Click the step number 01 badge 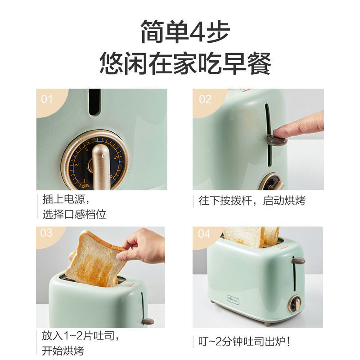tap(47, 99)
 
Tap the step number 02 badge tap(205, 99)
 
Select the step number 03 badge tap(46, 233)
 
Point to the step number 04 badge tap(204, 234)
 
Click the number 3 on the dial tap(87, 149)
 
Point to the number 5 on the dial tap(116, 157)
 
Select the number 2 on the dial tap(77, 164)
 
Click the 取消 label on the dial tap(85, 185)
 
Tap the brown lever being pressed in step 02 tap(277, 140)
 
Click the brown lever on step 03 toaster tap(148, 321)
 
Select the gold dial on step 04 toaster tap(295, 304)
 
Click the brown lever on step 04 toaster tap(298, 261)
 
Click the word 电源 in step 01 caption tap(74, 199)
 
